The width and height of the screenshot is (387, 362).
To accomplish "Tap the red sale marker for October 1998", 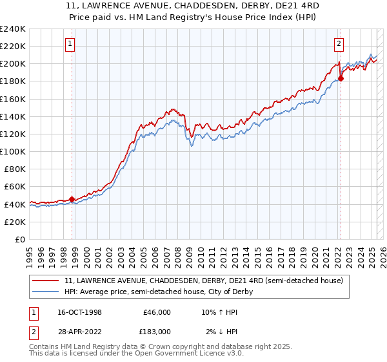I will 72,199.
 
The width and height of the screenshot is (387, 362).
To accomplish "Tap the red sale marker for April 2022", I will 341,79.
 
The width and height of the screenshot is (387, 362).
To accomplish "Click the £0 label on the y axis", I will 20,239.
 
